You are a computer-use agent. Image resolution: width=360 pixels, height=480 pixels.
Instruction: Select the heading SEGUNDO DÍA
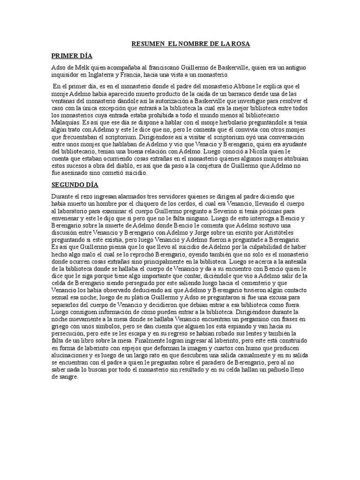75,185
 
